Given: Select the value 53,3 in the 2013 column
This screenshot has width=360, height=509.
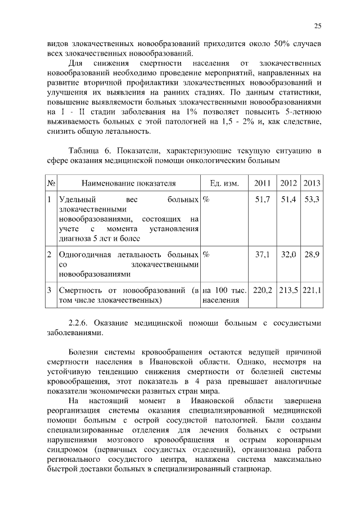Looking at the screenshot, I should pyautogui.click(x=312, y=200).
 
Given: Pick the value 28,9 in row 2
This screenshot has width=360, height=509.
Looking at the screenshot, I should pyautogui.click(x=312, y=254).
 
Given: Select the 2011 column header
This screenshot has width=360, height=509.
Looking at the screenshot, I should pyautogui.click(x=263, y=183).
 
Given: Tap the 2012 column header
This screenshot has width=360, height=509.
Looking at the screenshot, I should pyautogui.click(x=288, y=183).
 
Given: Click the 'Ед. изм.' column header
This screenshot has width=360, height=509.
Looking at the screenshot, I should pyautogui.click(x=224, y=183).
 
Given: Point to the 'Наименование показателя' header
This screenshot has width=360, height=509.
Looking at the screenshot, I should pyautogui.click(x=128, y=183).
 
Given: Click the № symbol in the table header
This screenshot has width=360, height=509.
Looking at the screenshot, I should pyautogui.click(x=51, y=183).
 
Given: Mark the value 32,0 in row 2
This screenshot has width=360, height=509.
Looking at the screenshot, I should pyautogui.click(x=288, y=254).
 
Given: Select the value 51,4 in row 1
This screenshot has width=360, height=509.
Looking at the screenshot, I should pyautogui.click(x=288, y=200).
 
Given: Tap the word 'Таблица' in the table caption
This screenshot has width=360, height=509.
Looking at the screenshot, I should pyautogui.click(x=83, y=151).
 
